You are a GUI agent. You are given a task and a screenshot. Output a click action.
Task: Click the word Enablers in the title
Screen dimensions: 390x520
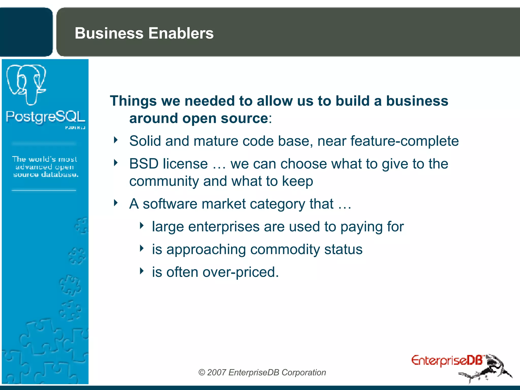point(181,33)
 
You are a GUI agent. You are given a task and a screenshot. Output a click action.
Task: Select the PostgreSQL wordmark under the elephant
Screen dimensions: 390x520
point(45,117)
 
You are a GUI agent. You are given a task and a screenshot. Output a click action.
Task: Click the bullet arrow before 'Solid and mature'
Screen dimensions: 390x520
point(116,140)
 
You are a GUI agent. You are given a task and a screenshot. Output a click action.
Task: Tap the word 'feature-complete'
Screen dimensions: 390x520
point(404,141)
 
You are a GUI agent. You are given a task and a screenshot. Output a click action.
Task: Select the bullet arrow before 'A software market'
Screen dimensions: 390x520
point(116,203)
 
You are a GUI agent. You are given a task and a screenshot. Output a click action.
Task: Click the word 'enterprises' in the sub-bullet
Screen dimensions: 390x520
point(224,227)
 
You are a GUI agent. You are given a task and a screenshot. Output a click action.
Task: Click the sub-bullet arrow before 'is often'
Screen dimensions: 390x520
point(142,271)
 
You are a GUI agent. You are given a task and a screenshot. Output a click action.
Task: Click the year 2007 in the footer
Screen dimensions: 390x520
point(216,372)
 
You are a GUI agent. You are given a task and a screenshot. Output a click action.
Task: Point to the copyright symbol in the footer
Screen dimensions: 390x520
point(202,372)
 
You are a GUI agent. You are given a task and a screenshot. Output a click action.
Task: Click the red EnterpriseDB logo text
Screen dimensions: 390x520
point(447,361)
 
